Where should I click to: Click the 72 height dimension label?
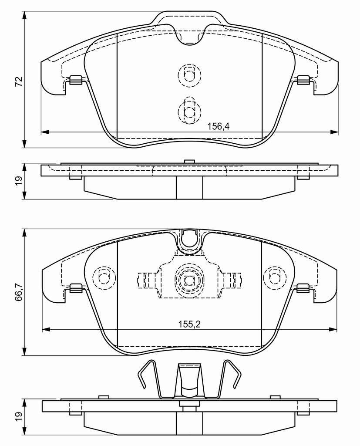[x=19, y=81]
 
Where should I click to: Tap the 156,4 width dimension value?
[x=218, y=126]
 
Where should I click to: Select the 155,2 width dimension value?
[x=189, y=324]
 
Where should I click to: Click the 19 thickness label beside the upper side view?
[x=19, y=181]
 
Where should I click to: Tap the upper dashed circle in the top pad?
[x=189, y=75]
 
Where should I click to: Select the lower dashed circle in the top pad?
[x=189, y=111]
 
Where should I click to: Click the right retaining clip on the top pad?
[x=303, y=80]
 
